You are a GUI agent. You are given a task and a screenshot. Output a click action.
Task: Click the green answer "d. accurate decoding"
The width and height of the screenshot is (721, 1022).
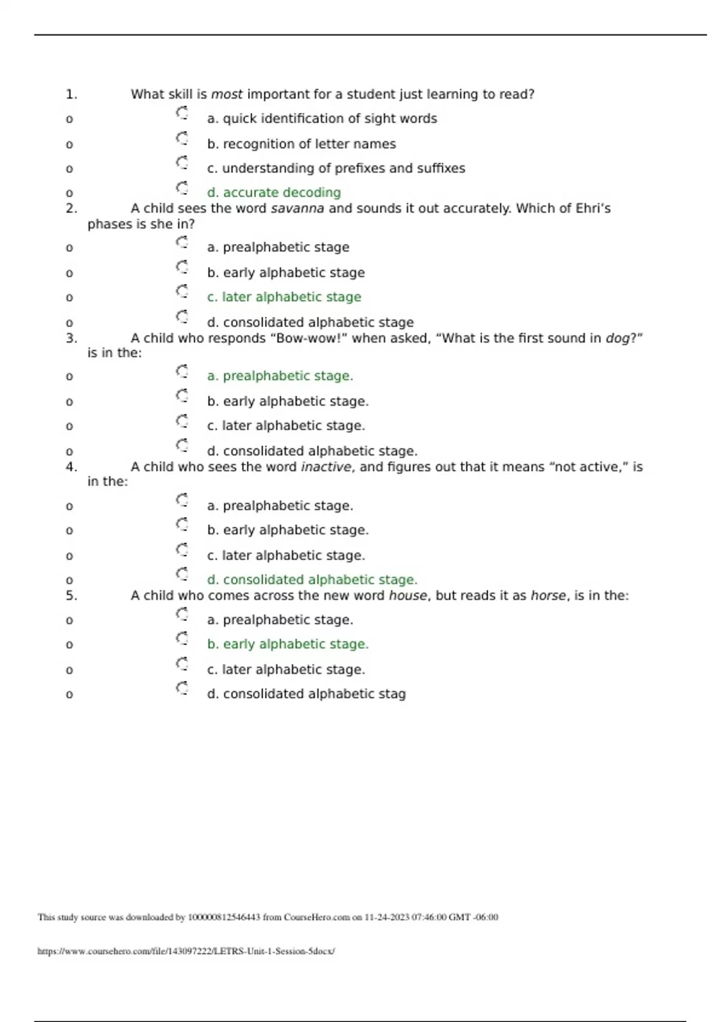pyautogui.click(x=273, y=192)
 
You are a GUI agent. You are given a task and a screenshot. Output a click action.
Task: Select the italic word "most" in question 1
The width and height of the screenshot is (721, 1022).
pyautogui.click(x=227, y=94)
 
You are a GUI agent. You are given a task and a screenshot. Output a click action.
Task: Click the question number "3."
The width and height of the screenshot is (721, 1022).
pyautogui.click(x=71, y=338)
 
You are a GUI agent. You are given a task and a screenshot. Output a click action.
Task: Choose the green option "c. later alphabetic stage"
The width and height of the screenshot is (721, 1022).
pyautogui.click(x=284, y=297)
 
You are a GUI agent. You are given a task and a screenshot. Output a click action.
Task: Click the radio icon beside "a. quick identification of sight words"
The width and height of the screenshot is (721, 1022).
pyautogui.click(x=182, y=113)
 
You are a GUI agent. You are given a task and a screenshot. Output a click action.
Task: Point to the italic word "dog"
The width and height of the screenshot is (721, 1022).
pyautogui.click(x=617, y=338)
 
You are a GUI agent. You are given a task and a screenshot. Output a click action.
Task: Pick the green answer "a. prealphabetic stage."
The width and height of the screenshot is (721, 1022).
pyautogui.click(x=280, y=376)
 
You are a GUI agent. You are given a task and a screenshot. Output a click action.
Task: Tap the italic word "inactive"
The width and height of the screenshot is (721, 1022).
pyautogui.click(x=326, y=467)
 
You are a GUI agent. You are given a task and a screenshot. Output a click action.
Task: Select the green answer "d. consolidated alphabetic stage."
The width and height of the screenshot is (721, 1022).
pyautogui.click(x=312, y=580)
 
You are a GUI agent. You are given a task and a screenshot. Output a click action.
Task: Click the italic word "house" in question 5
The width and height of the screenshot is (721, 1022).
pyautogui.click(x=408, y=596)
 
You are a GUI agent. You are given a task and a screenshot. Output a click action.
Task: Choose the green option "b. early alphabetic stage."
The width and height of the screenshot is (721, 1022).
pyautogui.click(x=288, y=644)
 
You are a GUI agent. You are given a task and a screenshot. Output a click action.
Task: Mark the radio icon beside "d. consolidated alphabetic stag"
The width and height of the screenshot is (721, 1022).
pyautogui.click(x=182, y=688)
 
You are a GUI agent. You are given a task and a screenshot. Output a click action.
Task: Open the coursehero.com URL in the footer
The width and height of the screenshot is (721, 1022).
pyautogui.click(x=186, y=951)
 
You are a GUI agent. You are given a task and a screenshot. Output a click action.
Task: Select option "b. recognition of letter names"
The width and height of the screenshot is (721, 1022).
pyautogui.click(x=301, y=144)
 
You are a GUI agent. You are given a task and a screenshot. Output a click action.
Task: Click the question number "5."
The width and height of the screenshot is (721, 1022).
pyautogui.click(x=71, y=595)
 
